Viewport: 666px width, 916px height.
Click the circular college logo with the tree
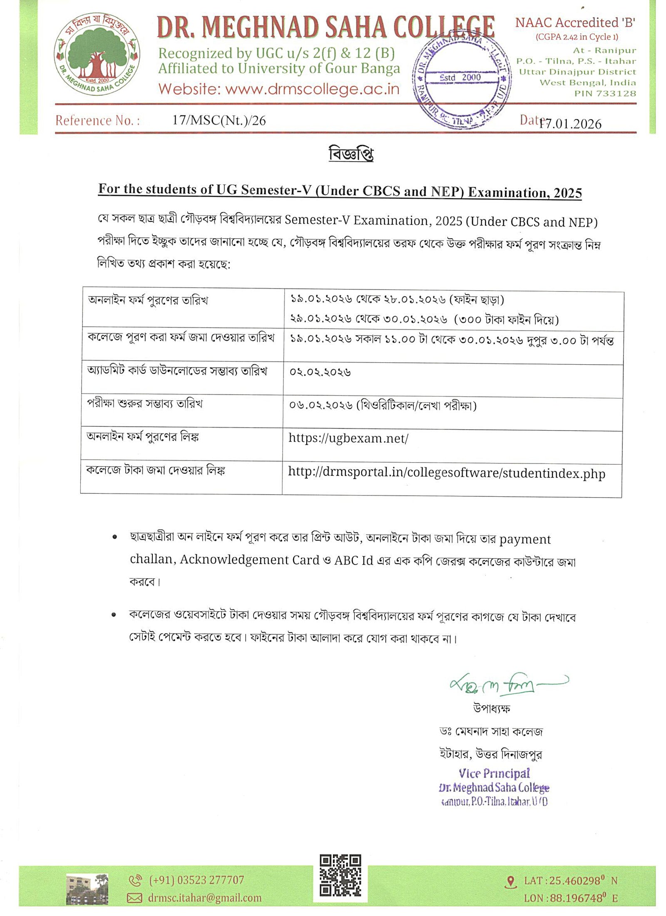coord(97,54)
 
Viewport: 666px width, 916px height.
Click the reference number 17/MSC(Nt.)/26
coord(219,120)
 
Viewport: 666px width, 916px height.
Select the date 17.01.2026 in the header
coord(570,124)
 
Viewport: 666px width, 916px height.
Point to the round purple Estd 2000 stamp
coord(461,79)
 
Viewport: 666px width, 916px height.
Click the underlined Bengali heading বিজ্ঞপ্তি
coord(351,154)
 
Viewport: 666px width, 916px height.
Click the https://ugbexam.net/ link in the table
coord(348,438)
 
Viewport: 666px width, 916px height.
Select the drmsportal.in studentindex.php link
coord(446,473)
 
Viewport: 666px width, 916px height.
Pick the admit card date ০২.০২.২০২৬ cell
coord(320,372)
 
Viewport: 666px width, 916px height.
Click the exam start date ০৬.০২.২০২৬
coord(321,405)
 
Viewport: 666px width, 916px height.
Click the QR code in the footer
coord(340,875)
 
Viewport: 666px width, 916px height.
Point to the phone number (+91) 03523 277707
coord(196,880)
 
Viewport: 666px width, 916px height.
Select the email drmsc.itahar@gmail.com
coord(204,898)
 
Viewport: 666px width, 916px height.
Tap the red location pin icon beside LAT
coord(510,882)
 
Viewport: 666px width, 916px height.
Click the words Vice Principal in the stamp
coord(494,773)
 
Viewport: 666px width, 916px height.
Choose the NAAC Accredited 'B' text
coord(575,22)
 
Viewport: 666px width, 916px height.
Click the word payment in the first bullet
coord(524,539)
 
